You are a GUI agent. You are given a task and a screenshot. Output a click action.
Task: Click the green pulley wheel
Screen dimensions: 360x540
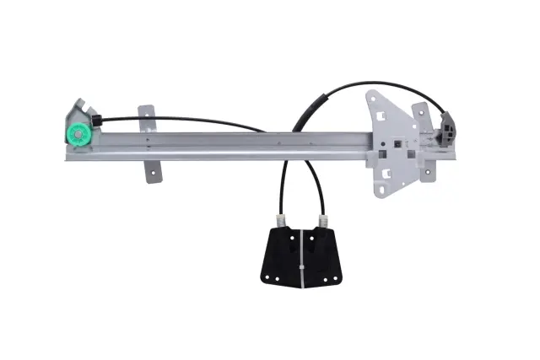pyautogui.click(x=78, y=133)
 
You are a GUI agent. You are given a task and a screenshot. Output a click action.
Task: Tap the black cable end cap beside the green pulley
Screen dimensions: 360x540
pyautogui.click(x=97, y=123)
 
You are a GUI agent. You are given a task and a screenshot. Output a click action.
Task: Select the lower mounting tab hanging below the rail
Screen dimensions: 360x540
pyautogui.click(x=153, y=168)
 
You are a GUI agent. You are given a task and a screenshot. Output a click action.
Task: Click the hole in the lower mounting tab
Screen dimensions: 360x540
pyautogui.click(x=152, y=175)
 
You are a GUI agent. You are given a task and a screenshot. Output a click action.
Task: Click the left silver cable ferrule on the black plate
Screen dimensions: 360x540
pyautogui.click(x=283, y=221)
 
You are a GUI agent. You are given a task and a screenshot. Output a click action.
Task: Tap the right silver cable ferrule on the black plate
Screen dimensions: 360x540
pyautogui.click(x=322, y=222)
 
